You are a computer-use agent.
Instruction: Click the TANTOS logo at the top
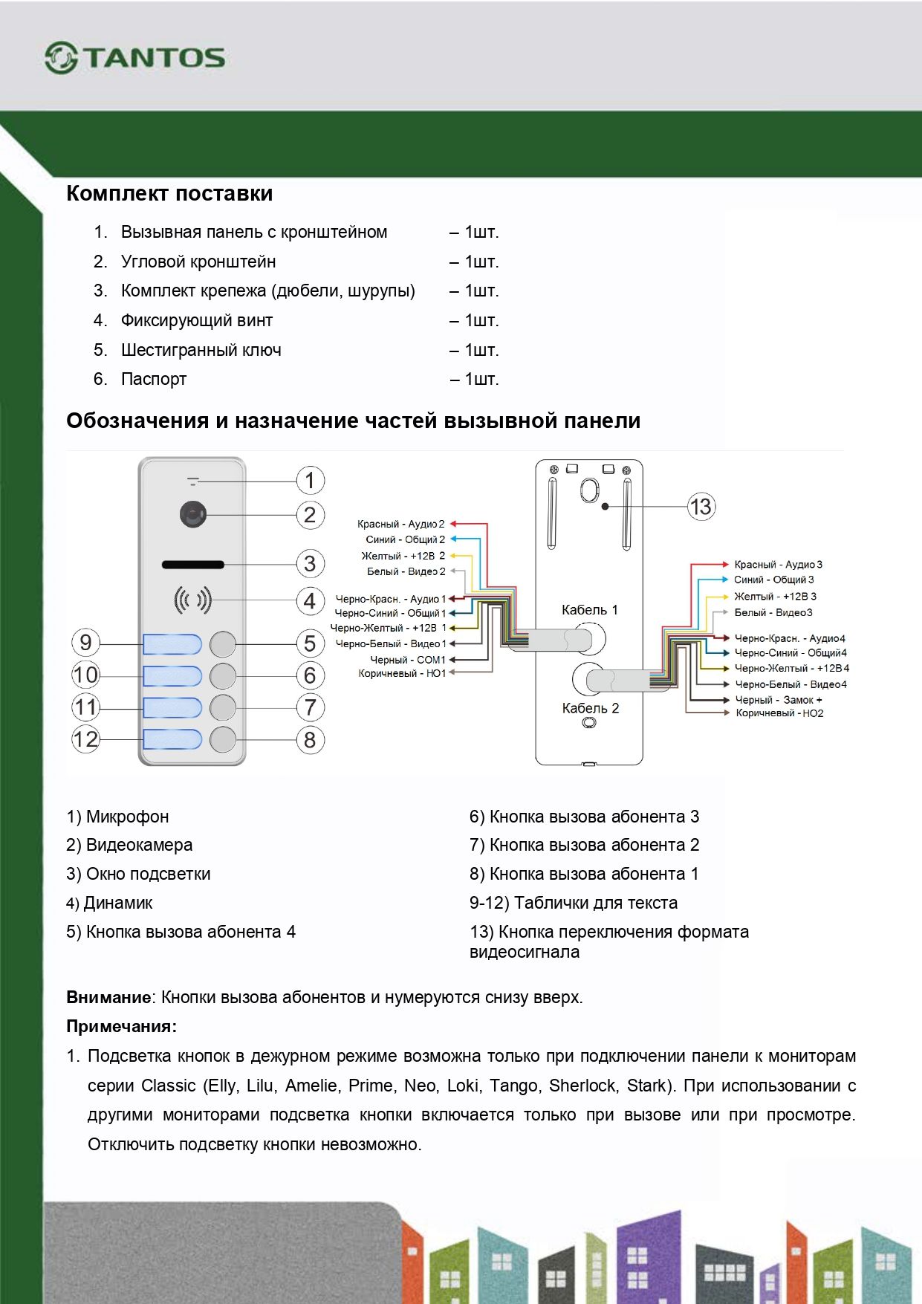pos(134,58)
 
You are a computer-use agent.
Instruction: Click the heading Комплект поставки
pos(169,193)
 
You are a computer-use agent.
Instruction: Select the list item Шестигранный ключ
pos(201,350)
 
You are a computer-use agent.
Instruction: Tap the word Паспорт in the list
pos(154,379)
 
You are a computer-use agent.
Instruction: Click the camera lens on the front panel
pos(193,514)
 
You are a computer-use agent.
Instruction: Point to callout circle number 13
pos(701,507)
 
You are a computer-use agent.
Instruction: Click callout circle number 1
pos(310,481)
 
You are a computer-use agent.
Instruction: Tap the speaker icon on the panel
pos(192,600)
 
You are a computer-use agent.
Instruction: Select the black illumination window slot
pos(193,565)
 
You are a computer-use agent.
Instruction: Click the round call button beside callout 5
pos(223,643)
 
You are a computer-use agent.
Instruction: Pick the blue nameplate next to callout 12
pos(172,739)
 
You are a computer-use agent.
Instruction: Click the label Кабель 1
pos(589,610)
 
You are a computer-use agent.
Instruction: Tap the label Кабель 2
pos(590,708)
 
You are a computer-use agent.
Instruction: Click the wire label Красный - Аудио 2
pos(400,524)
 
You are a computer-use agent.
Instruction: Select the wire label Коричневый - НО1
pos(402,673)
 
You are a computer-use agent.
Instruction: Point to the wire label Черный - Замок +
pos(778,700)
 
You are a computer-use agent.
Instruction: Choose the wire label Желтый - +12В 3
pos(775,596)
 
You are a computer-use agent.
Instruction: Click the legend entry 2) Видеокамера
pos(129,845)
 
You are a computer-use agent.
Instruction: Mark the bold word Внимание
pos(108,997)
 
